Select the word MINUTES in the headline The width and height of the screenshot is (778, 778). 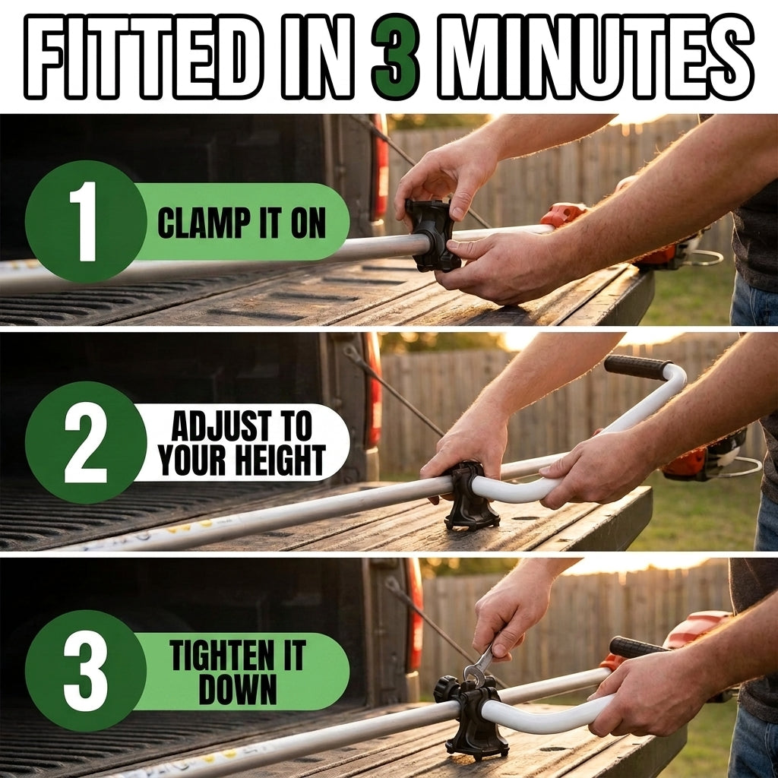tap(596, 55)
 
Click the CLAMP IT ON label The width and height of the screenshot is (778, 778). tap(242, 223)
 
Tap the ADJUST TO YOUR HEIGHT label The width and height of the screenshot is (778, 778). tap(242, 443)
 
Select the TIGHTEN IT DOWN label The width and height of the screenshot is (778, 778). tap(238, 672)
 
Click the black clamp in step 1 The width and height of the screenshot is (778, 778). tap(431, 236)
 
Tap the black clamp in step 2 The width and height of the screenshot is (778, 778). tap(469, 496)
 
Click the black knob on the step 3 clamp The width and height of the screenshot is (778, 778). tap(445, 689)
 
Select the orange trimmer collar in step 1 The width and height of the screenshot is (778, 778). tap(563, 213)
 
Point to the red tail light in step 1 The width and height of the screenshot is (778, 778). tap(381, 169)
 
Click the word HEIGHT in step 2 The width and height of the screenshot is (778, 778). tap(280, 460)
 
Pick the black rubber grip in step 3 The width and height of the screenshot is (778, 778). tap(637, 647)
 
